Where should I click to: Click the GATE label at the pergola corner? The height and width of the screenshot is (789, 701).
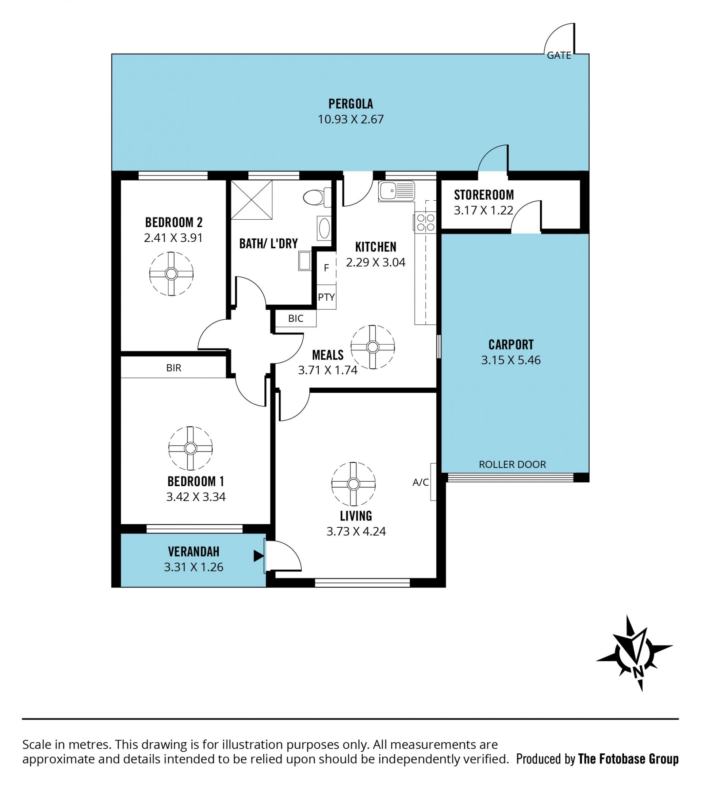(x=559, y=55)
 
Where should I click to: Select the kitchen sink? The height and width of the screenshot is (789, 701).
(x=396, y=191)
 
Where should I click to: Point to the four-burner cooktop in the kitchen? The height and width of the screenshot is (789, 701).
(x=425, y=223)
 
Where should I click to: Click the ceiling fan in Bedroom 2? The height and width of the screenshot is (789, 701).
(x=171, y=274)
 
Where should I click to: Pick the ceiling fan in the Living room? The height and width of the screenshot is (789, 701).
(x=353, y=484)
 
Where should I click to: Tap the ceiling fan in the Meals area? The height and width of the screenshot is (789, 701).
(x=373, y=347)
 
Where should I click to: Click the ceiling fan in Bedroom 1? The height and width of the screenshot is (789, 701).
(x=191, y=448)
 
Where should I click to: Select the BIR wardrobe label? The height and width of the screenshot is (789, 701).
(x=173, y=368)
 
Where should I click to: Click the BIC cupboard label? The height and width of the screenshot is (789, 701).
(x=296, y=319)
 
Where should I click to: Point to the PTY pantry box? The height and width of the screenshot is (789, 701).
(x=326, y=297)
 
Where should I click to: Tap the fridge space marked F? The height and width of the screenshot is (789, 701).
(x=326, y=268)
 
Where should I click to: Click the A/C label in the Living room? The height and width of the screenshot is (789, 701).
(x=421, y=482)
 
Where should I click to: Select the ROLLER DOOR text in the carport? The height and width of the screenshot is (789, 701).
(x=512, y=464)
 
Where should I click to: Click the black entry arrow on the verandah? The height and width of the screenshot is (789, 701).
(x=258, y=556)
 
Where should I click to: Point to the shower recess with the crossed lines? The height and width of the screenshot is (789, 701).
(x=252, y=200)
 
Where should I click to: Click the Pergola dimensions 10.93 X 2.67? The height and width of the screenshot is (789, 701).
(x=351, y=119)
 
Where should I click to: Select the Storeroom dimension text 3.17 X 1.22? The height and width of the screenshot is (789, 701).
(x=483, y=210)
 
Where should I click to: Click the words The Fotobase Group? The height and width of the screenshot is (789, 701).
(x=628, y=759)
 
